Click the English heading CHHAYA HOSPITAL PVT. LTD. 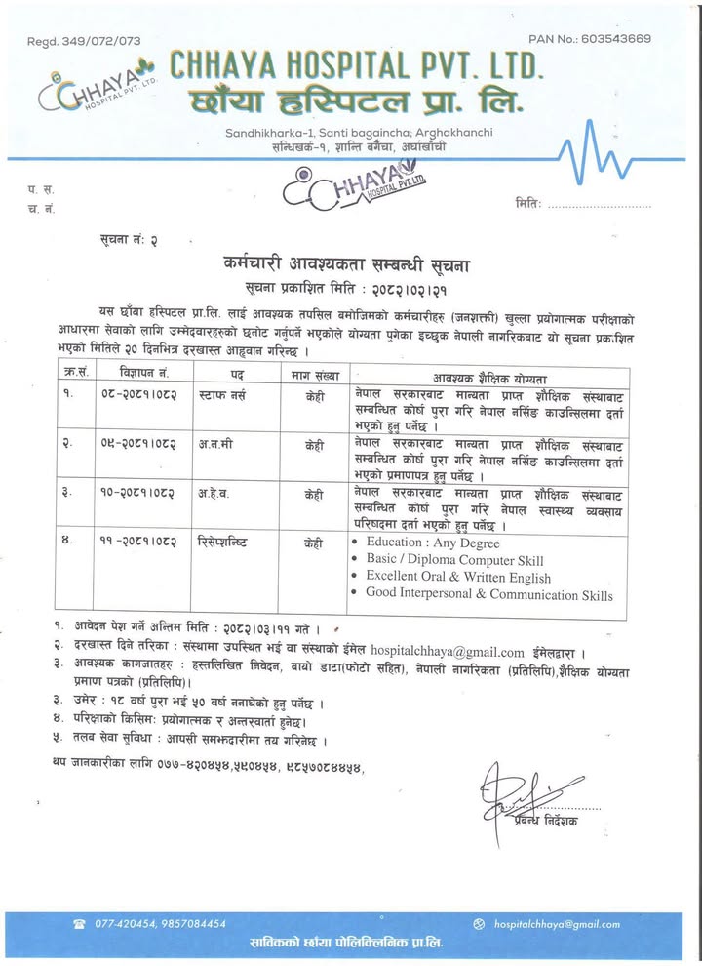(357, 65)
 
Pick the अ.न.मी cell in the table (214, 443)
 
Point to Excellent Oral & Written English (458, 578)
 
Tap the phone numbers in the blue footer (161, 923)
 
